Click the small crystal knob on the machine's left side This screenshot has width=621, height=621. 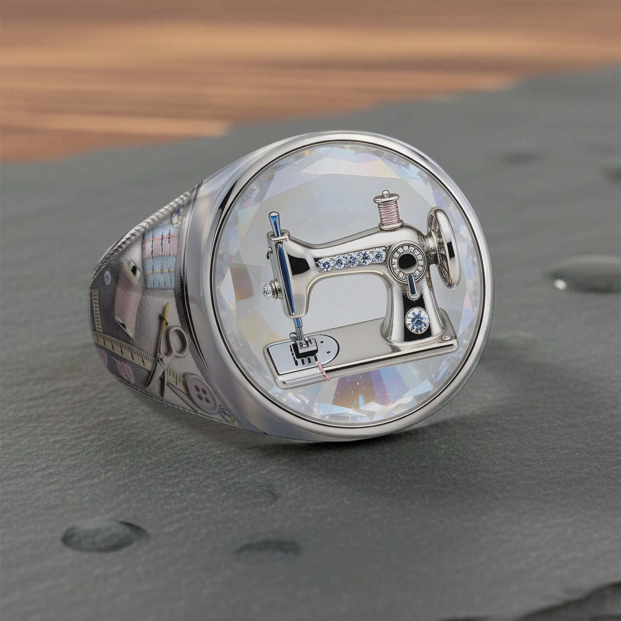(269, 290)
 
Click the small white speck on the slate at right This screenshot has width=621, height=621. (560, 284)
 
